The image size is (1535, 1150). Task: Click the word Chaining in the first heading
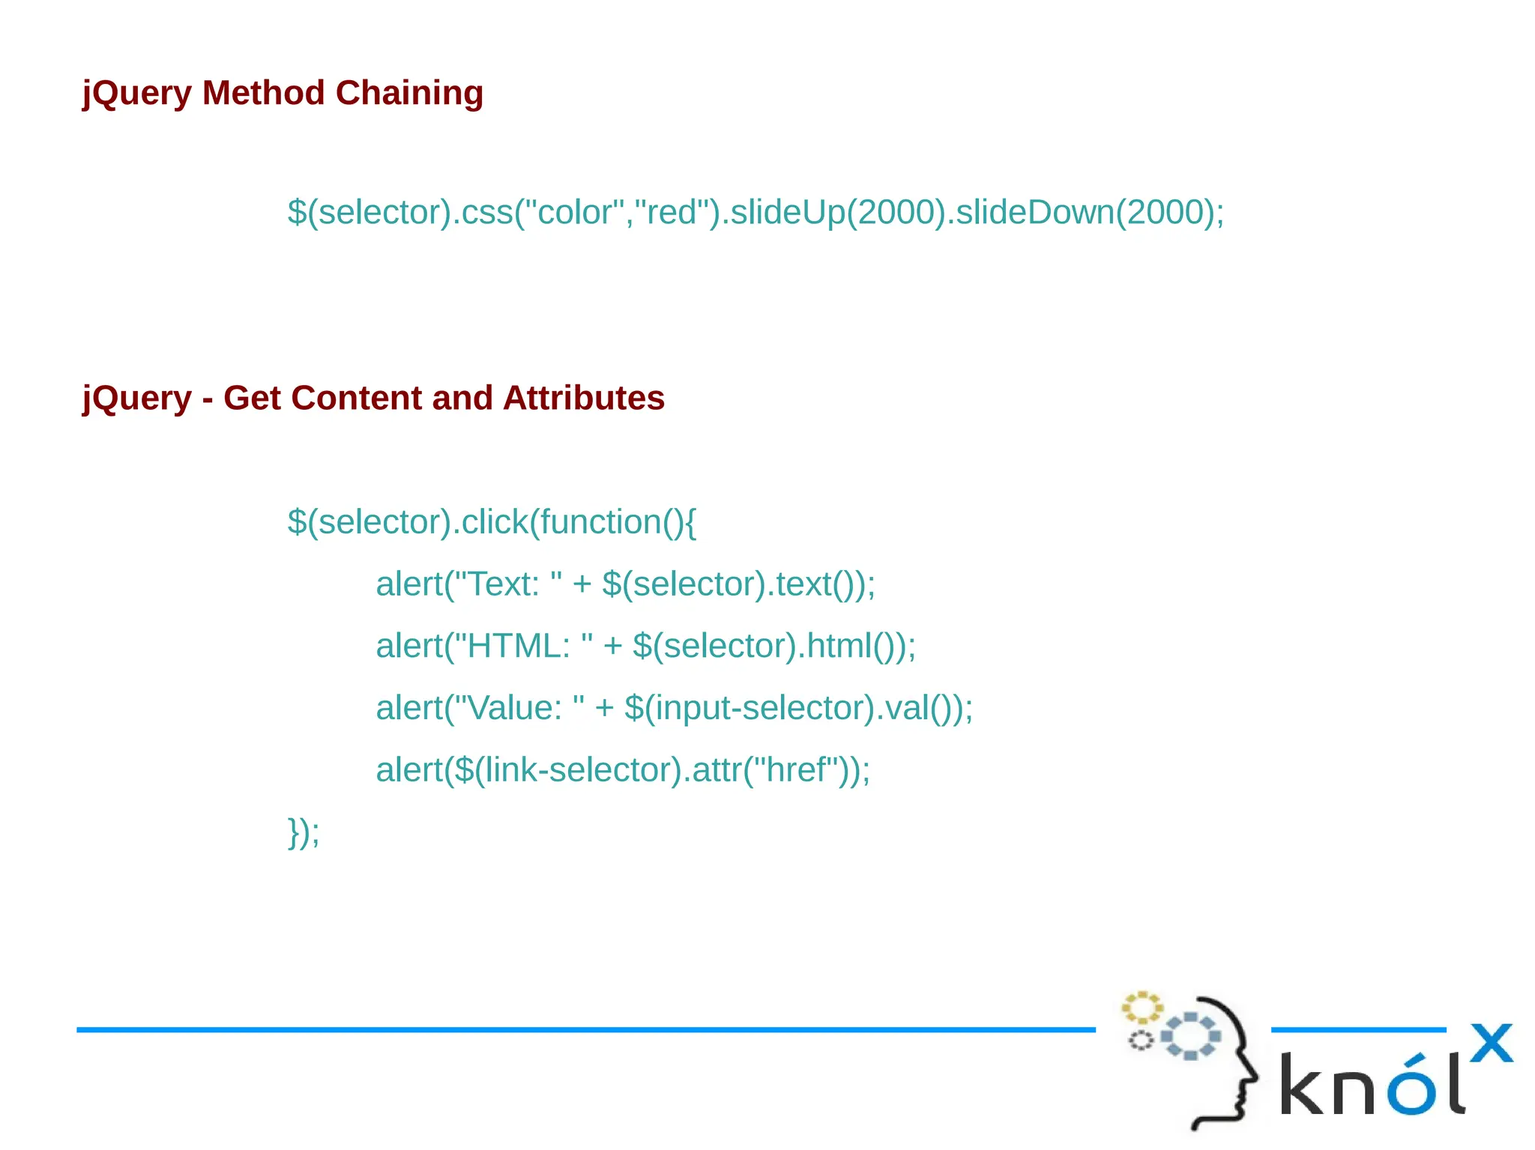[x=409, y=94]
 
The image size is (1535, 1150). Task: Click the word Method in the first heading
[x=263, y=94]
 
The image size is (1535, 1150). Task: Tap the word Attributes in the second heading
[x=584, y=398]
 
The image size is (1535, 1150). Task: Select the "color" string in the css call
[x=570, y=213]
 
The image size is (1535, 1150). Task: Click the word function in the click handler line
[x=600, y=522]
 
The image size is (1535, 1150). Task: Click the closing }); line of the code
[x=304, y=832]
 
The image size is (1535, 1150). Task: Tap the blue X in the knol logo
[x=1491, y=1042]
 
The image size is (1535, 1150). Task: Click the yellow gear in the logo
[x=1142, y=1008]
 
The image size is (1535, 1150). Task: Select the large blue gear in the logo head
[x=1190, y=1036]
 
